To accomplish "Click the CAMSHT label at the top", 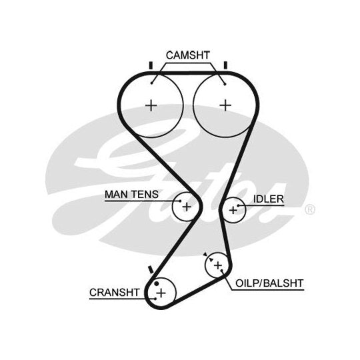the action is pyautogui.click(x=188, y=55).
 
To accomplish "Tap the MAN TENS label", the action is pyautogui.click(x=131, y=195).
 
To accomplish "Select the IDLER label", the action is pyautogui.click(x=269, y=199).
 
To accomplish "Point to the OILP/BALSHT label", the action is pyautogui.click(x=269, y=283).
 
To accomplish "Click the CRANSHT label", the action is pyautogui.click(x=115, y=293).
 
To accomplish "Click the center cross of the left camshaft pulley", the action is pyautogui.click(x=151, y=106).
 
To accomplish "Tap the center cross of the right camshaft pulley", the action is pyautogui.click(x=225, y=105).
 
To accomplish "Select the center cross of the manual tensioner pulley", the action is pyautogui.click(x=187, y=207).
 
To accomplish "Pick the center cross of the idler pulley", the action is pyautogui.click(x=233, y=210).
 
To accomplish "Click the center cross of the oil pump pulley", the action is pyautogui.click(x=217, y=265).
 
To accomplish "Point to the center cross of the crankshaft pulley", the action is pyautogui.click(x=161, y=293).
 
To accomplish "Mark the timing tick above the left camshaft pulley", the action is pyautogui.click(x=151, y=65).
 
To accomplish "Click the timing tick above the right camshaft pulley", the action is pyautogui.click(x=225, y=65).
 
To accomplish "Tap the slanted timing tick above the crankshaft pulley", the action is pyautogui.click(x=151, y=269).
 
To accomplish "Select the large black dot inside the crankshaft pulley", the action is pyautogui.click(x=157, y=283).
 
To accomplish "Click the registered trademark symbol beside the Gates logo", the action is pyautogui.click(x=310, y=209).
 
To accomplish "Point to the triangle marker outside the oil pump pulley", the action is pyautogui.click(x=205, y=254).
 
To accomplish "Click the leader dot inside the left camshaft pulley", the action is pyautogui.click(x=151, y=83).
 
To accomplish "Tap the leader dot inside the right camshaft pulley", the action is pyautogui.click(x=225, y=84).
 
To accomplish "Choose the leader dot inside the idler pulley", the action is pyautogui.click(x=238, y=205).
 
